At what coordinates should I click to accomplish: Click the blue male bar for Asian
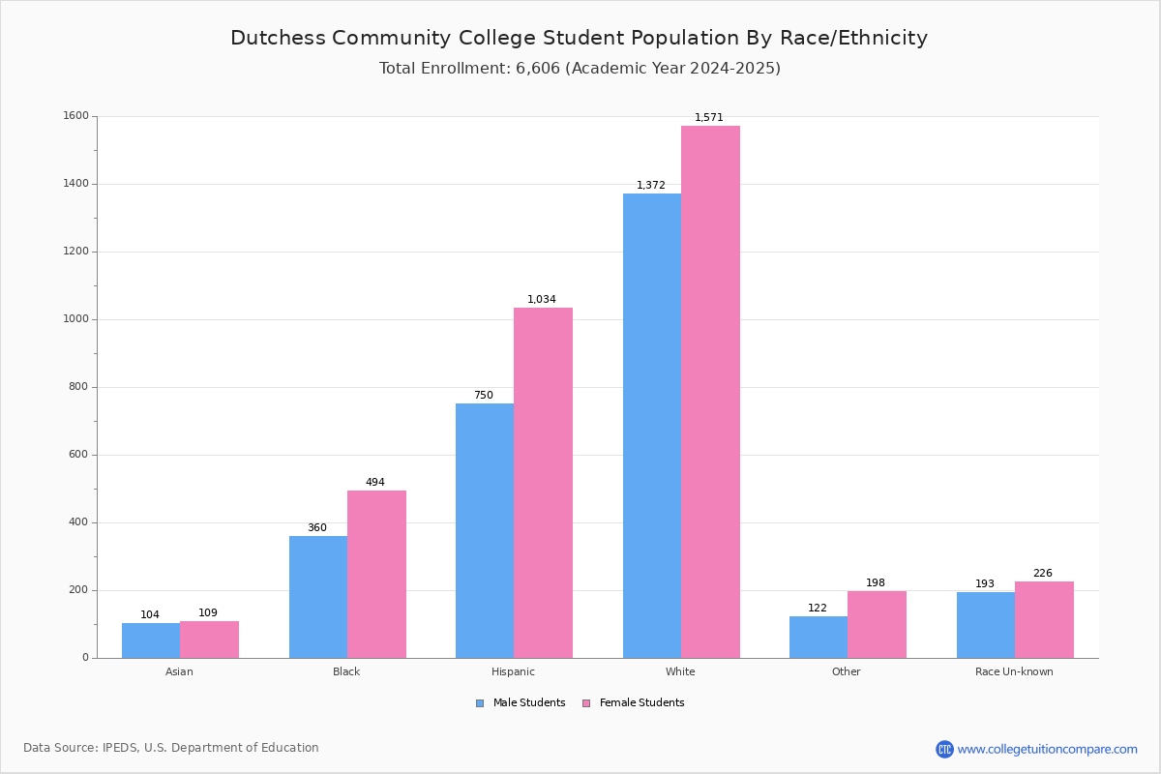tap(151, 640)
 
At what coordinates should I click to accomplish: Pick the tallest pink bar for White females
tap(710, 392)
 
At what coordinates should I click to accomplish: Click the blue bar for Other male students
tap(819, 637)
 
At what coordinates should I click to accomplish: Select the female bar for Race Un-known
tap(1044, 619)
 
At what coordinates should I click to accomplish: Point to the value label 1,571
tap(709, 118)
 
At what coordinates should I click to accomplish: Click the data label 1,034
tap(542, 300)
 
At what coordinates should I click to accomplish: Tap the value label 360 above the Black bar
tap(317, 528)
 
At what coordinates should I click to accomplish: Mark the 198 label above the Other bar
tap(876, 583)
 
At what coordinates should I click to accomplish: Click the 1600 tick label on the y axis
tap(74, 116)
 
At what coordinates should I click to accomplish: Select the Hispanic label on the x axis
tap(513, 671)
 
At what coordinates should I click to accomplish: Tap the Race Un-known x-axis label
tap(1014, 671)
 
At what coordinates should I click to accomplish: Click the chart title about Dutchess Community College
tap(579, 39)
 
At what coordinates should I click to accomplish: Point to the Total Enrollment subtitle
tap(580, 69)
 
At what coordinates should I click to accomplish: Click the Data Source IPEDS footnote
tap(171, 748)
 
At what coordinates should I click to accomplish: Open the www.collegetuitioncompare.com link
tap(1047, 749)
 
